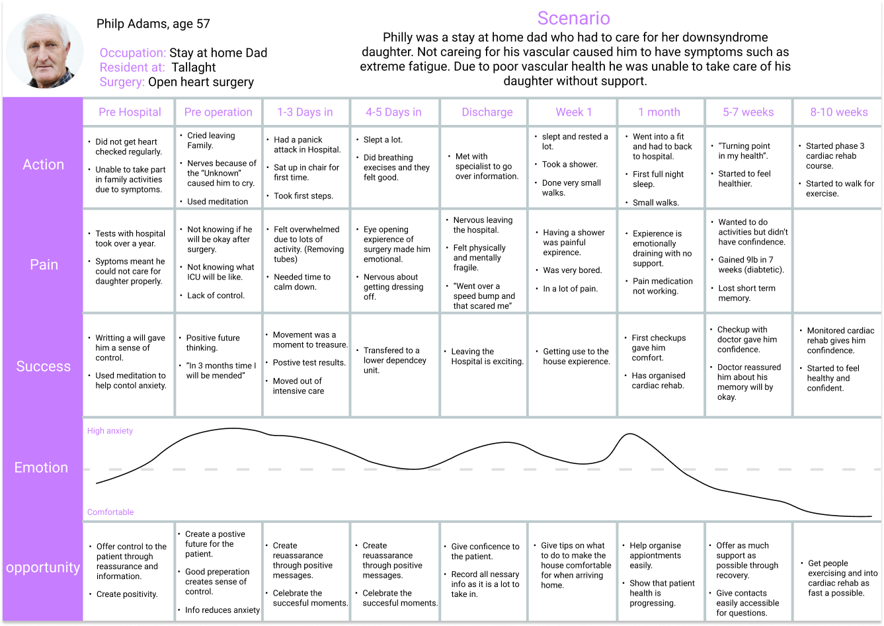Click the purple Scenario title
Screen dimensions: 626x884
point(573,18)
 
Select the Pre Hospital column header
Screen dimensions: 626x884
point(130,112)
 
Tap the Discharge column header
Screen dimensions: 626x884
point(487,112)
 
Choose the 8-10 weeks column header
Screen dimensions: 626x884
point(839,112)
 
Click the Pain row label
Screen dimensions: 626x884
point(44,264)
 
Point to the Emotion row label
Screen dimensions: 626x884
point(41,467)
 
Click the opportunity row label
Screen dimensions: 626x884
point(43,567)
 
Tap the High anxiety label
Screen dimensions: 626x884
point(110,430)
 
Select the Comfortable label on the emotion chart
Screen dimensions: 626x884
point(110,512)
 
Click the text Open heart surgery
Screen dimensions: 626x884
point(201,82)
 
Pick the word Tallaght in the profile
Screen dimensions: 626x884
point(194,67)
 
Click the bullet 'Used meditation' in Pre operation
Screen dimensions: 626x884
point(218,202)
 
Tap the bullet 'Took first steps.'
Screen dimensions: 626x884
point(303,196)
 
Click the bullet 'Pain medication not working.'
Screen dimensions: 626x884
point(662,286)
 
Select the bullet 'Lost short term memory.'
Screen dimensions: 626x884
point(746,293)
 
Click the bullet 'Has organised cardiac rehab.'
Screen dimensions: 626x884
point(658,381)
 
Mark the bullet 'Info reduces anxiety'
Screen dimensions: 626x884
point(222,610)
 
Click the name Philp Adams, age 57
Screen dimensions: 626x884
point(153,24)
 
